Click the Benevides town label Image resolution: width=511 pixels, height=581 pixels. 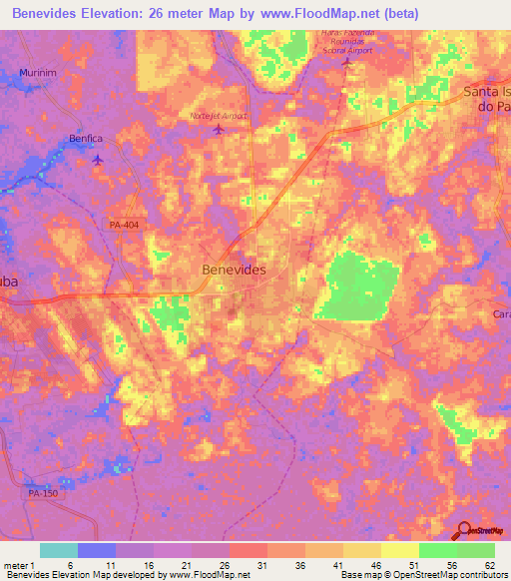[234, 270]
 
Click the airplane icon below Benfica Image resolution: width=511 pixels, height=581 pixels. [97, 160]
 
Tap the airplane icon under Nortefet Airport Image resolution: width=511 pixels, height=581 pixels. [219, 133]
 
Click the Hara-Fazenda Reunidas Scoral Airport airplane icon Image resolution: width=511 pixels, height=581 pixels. [346, 63]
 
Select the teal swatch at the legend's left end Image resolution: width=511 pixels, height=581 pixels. [59, 550]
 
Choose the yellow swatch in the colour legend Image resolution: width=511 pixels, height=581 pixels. [399, 550]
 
